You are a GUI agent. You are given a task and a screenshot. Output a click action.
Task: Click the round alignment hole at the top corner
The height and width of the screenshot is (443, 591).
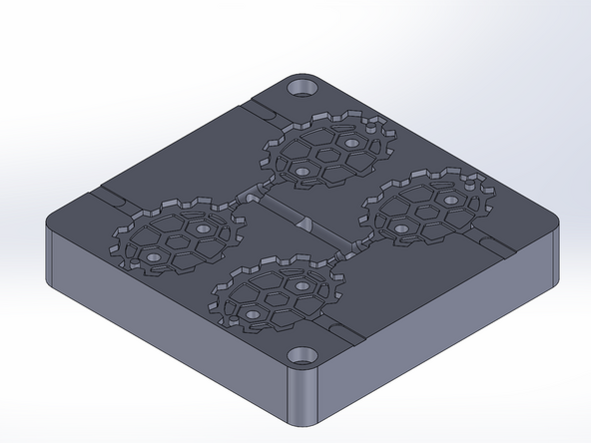[301, 89]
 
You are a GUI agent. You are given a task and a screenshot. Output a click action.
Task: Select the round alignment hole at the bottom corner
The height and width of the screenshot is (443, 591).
[298, 354]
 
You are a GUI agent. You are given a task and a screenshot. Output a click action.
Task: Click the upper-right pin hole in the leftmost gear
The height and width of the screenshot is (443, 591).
[206, 228]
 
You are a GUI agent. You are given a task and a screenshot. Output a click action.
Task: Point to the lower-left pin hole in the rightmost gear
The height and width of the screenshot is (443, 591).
[400, 228]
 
